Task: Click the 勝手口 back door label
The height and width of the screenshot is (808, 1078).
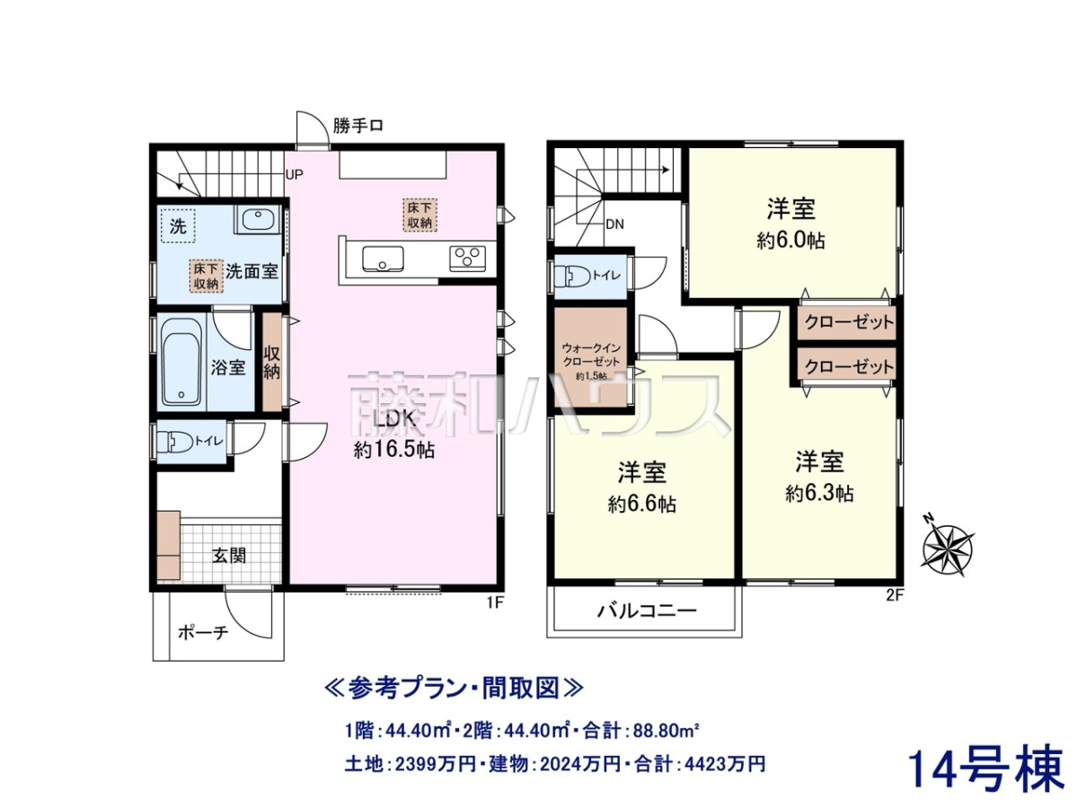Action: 358,126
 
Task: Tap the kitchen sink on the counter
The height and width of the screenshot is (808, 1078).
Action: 383,259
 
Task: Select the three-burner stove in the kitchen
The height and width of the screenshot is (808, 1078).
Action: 467,258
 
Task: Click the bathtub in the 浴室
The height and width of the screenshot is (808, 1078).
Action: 181,363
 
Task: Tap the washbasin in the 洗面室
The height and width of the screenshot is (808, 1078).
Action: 259,220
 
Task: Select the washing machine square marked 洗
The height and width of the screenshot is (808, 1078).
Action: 178,225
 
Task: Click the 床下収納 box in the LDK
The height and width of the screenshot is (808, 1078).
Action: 420,215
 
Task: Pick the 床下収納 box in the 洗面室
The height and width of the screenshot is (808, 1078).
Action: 207,277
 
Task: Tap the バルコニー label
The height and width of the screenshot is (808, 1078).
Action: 648,611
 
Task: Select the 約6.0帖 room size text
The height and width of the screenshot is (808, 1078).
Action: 791,241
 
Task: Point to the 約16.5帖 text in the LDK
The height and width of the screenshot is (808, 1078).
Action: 394,450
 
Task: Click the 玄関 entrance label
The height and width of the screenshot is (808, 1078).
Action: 229,557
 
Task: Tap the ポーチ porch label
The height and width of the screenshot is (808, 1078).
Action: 203,633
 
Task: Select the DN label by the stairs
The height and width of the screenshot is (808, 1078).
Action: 614,224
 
